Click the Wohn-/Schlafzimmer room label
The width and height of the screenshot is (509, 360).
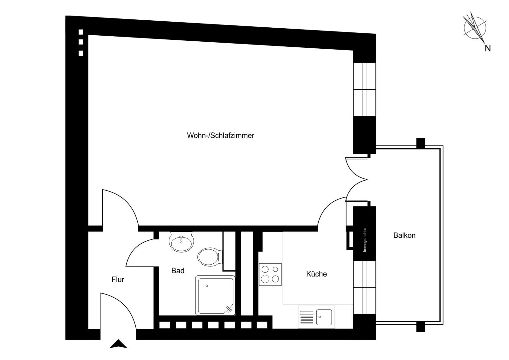(220, 135)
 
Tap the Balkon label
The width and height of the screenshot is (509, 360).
(404, 236)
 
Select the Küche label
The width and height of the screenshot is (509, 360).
(316, 274)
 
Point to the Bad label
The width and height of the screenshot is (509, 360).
(178, 271)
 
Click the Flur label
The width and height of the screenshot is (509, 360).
(118, 280)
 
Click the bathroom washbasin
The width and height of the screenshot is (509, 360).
(182, 242)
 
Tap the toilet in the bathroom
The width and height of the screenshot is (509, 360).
(209, 257)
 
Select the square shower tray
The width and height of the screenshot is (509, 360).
(215, 295)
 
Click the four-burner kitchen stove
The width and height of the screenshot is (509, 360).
(270, 274)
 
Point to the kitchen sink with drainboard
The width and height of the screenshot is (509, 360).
(316, 317)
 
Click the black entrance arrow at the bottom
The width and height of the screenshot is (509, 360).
(118, 344)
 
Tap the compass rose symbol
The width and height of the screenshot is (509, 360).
(475, 28)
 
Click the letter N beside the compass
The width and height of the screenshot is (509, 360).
(487, 49)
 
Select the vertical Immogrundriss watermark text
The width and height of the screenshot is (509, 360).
(365, 240)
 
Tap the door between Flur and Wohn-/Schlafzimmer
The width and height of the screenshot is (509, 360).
(119, 208)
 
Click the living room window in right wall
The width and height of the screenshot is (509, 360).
(365, 90)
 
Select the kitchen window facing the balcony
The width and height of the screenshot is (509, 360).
(365, 287)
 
